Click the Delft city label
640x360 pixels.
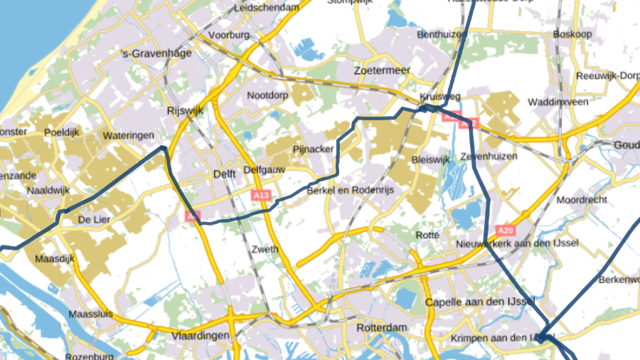point(224,174)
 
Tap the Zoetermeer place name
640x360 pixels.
point(382,70)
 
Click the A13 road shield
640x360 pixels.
point(261,195)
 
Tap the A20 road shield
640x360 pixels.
point(506,231)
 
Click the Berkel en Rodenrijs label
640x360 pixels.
point(350,191)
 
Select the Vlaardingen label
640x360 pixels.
point(201,335)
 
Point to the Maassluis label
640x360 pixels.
point(91,314)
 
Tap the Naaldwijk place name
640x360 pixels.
point(48,191)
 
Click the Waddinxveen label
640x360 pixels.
point(558,102)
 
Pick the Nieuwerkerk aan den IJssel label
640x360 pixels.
point(517,243)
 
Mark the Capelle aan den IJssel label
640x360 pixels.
point(479,302)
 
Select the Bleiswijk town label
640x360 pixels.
point(431,160)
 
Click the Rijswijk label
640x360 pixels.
point(184,110)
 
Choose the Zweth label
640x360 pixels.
point(265,249)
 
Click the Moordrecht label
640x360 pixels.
point(581,200)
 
